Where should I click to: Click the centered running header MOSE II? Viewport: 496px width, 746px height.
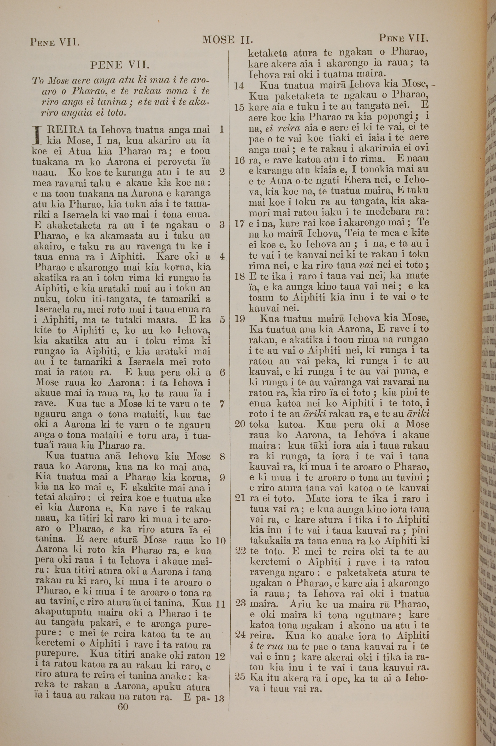(227, 40)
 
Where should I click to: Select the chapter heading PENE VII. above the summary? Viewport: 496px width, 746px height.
(120, 65)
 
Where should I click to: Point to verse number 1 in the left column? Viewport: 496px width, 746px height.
(221, 129)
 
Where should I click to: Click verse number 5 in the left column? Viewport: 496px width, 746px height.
(222, 320)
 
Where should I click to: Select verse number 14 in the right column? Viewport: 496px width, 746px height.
(239, 86)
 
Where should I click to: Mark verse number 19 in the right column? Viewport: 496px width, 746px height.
(240, 319)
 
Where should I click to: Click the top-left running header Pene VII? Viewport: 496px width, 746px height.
(54, 42)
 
